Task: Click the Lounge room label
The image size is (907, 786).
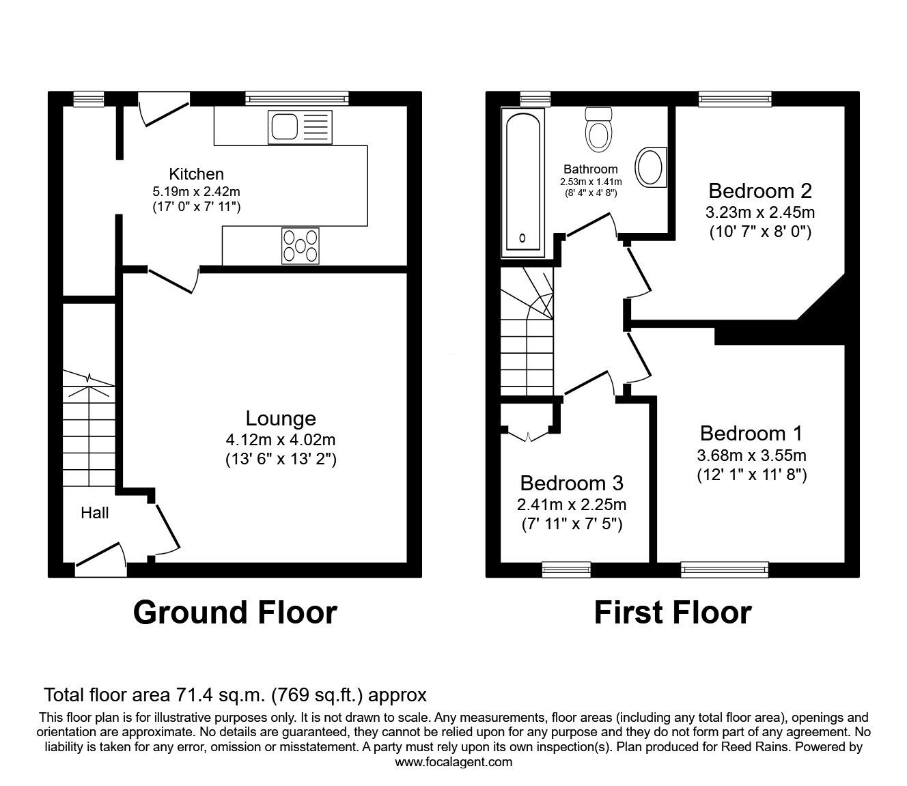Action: pos(281,418)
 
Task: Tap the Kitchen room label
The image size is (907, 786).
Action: pos(196,174)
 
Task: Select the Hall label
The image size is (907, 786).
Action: pos(94,512)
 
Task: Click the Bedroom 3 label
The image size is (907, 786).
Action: pos(571,483)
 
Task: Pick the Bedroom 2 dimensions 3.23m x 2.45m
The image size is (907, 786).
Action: pos(759,212)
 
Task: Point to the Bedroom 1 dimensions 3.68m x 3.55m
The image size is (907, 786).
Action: pos(751,455)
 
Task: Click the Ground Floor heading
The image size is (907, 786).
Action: pos(235,613)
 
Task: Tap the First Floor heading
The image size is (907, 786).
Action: pos(672,613)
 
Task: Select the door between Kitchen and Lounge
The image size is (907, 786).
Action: pos(173,280)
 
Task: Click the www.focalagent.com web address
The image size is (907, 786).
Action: pos(454,762)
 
